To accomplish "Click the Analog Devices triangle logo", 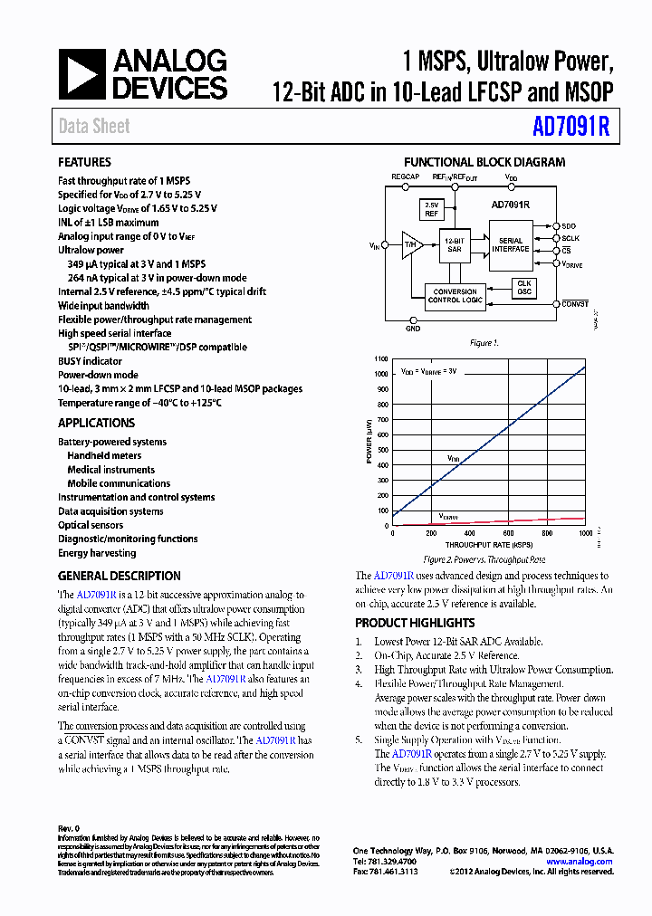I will pyautogui.click(x=81, y=75).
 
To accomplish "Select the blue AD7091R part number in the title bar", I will pyautogui.click(x=571, y=127).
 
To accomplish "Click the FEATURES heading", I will pyautogui.click(x=84, y=162).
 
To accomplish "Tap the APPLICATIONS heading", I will pyautogui.click(x=96, y=423).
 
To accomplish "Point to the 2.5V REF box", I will pyautogui.click(x=432, y=210).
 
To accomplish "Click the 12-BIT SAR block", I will pyautogui.click(x=455, y=244).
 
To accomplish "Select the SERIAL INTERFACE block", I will pyautogui.click(x=511, y=245).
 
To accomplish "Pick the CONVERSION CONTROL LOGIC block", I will pyautogui.click(x=455, y=295).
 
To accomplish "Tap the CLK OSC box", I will pyautogui.click(x=523, y=288).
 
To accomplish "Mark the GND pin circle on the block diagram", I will pyautogui.click(x=413, y=320).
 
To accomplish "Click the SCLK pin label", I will pyautogui.click(x=570, y=238).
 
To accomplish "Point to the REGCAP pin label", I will pyautogui.click(x=405, y=177).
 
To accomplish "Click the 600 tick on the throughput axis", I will pyautogui.click(x=546, y=533).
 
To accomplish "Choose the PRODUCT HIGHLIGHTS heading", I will pyautogui.click(x=415, y=623).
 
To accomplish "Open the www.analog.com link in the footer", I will pyautogui.click(x=580, y=862).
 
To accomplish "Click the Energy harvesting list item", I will pyautogui.click(x=97, y=553).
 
